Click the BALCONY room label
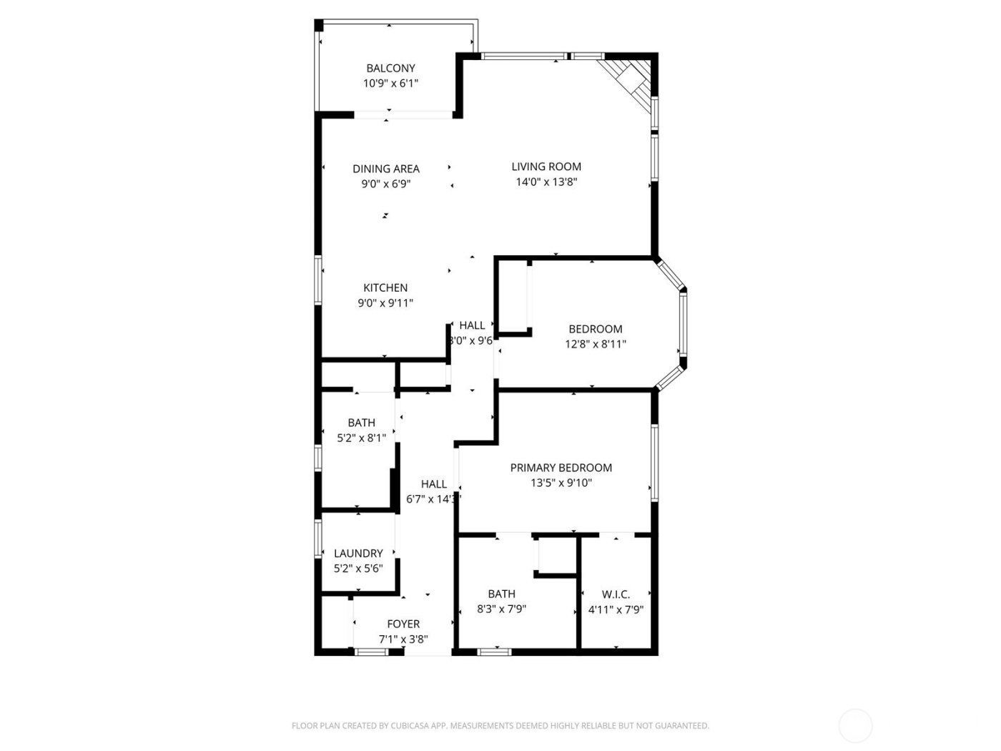(390, 69)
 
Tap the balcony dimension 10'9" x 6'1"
(390, 84)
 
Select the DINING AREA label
(386, 169)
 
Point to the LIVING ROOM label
(546, 167)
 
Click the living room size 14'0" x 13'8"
(546, 182)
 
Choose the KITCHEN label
(385, 288)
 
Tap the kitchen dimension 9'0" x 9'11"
(385, 303)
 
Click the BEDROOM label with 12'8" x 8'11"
(595, 329)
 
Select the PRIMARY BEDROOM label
(561, 468)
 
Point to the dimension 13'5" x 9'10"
(561, 483)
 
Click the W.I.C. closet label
(616, 594)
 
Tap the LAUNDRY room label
(358, 553)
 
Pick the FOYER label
(403, 624)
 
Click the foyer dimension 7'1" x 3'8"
(403, 639)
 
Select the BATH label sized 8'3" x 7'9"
(501, 594)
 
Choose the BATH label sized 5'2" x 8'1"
(361, 423)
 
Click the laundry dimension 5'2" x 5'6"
(358, 569)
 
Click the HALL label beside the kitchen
(472, 325)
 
